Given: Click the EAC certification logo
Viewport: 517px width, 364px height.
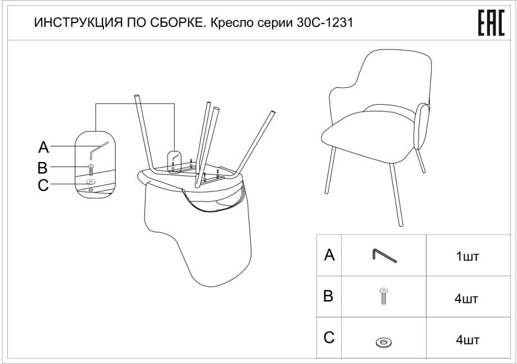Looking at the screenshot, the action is coord(491,23).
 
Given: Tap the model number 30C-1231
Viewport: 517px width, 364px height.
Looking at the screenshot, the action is coord(325,23).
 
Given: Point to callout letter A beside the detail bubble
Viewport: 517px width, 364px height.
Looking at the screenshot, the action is coord(43,147).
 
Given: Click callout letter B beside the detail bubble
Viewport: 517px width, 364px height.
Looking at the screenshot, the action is coord(43,168).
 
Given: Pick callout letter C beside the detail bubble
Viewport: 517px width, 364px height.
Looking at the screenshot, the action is coord(43,185).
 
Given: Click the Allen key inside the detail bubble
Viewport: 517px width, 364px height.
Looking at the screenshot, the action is coord(98,150).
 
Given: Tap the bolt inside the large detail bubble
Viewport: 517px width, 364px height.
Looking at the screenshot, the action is coord(90,169).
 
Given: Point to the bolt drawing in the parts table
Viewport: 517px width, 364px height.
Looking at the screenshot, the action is coord(383,296).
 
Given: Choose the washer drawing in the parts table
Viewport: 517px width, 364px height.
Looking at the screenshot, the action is coord(383,342).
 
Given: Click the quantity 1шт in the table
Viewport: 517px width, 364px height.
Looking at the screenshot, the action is coord(467,257).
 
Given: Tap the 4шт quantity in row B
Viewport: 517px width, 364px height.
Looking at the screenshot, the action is coord(466,299).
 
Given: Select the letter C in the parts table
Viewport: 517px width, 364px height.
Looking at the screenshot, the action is coord(329,337).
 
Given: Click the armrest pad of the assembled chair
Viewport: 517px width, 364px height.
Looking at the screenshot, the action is coord(422,127).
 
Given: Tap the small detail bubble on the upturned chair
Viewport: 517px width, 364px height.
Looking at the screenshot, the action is coord(175,161).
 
